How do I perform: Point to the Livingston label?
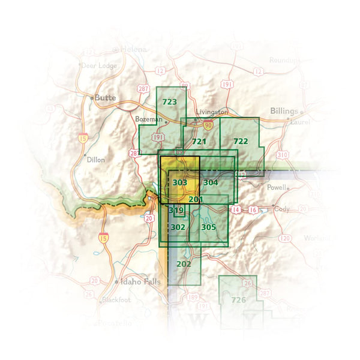(213, 112)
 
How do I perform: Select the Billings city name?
(283, 112)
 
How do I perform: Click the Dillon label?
(95, 160)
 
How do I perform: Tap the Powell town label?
(277, 187)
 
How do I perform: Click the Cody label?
(283, 209)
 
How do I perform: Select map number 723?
(170, 102)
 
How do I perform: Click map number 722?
(240, 141)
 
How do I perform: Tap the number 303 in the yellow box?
(179, 182)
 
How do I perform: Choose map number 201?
(196, 199)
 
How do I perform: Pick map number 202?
(184, 263)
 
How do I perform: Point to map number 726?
(239, 299)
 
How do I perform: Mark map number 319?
(176, 211)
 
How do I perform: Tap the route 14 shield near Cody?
(236, 209)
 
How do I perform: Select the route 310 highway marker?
(282, 155)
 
